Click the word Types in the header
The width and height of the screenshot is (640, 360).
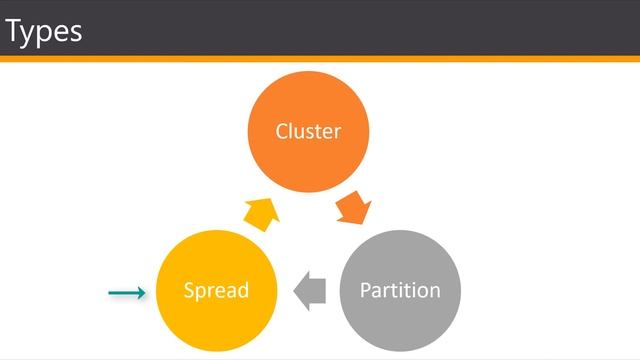coord(44,32)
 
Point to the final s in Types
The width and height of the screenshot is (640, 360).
coord(76,34)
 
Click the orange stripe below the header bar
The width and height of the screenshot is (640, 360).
coord(320,59)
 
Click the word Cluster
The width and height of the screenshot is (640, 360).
coord(308,132)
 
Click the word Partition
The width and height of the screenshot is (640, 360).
coord(400,291)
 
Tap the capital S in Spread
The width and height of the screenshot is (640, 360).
coord(189,291)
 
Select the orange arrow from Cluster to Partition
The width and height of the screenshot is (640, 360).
coord(354,210)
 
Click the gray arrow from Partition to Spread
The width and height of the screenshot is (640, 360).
coord(310,290)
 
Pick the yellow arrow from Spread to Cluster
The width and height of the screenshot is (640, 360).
coord(261,212)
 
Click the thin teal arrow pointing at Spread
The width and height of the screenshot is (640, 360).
coord(126,292)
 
